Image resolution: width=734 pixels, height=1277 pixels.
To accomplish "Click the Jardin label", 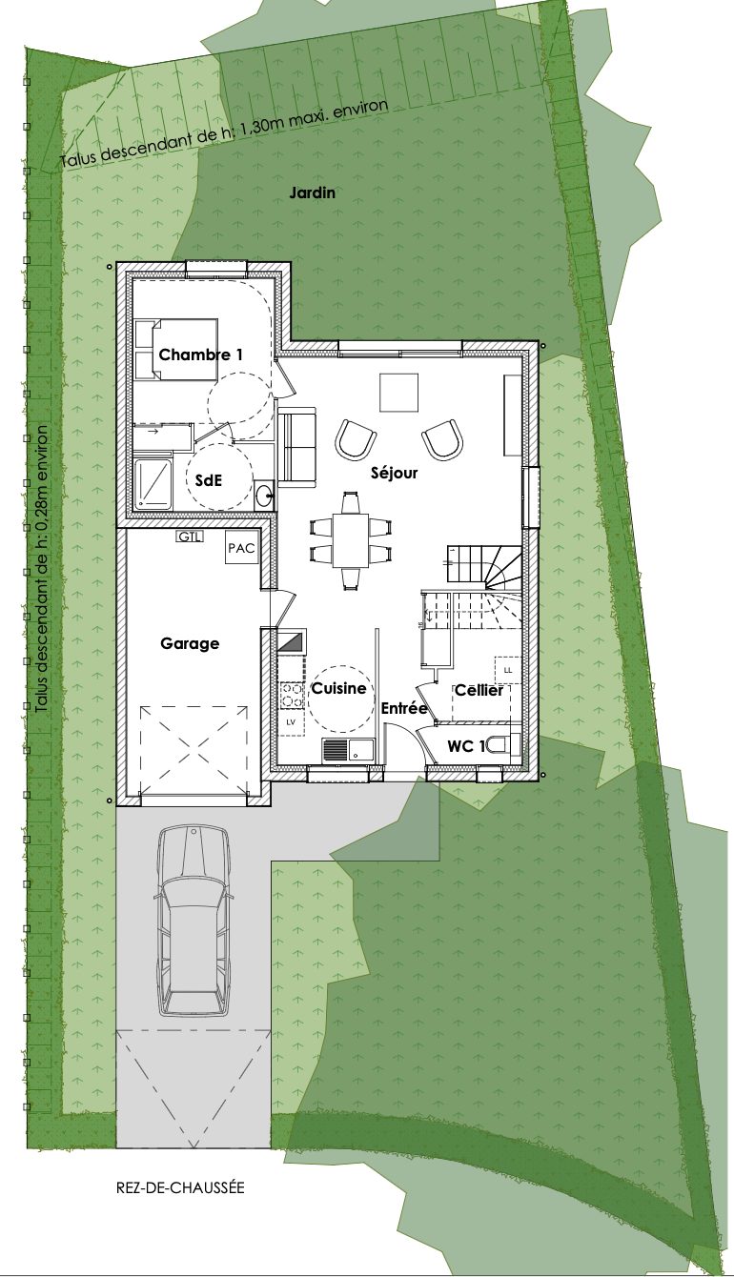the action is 312,193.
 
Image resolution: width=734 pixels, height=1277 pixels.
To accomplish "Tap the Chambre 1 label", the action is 201,355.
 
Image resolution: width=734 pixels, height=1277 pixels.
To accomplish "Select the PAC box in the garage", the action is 241,548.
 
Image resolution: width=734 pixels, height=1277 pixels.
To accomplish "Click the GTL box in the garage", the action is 190,537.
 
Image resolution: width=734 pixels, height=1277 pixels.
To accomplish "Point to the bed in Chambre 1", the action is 175,349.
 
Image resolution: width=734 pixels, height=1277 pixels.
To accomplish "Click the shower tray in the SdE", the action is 153,484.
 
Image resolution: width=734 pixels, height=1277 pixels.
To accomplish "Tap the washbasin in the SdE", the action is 264,495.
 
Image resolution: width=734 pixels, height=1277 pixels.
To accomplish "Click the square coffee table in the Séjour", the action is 399,393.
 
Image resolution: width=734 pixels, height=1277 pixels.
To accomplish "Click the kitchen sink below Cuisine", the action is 347,749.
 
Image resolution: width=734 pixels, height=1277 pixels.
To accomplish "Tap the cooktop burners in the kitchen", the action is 292,696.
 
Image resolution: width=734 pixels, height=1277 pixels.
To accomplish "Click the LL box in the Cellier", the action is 508,671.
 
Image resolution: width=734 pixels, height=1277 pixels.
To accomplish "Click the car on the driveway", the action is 195,922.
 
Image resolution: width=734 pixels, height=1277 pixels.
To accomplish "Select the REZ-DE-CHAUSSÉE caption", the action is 180,1187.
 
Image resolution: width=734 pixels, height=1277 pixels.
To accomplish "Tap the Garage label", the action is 190,643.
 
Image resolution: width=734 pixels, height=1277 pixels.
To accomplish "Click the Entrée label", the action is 404,709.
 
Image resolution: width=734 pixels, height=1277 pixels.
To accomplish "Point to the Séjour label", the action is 394,473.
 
